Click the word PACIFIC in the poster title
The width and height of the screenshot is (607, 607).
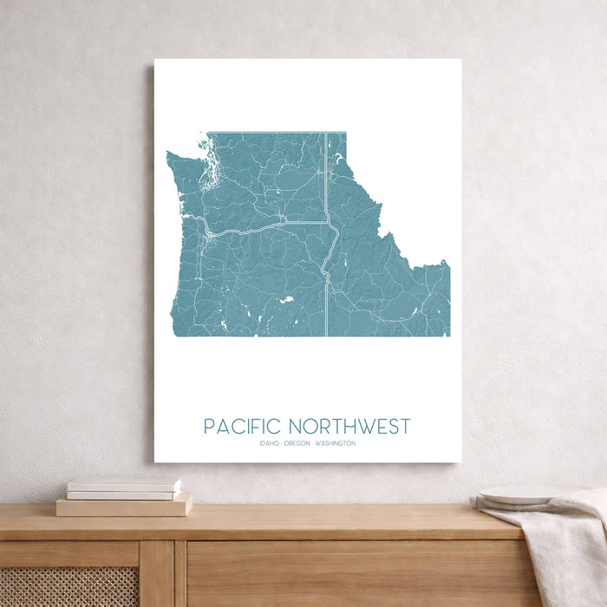pos(243,427)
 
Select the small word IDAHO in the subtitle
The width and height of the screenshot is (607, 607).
pos(269,444)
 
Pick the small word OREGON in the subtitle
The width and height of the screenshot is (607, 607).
pos(297,444)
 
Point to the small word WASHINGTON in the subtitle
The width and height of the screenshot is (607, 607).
pos(336,444)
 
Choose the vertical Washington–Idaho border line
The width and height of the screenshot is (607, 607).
pos(325,173)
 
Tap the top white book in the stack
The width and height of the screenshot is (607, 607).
pos(124,484)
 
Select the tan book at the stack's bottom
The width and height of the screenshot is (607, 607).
pos(124,506)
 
